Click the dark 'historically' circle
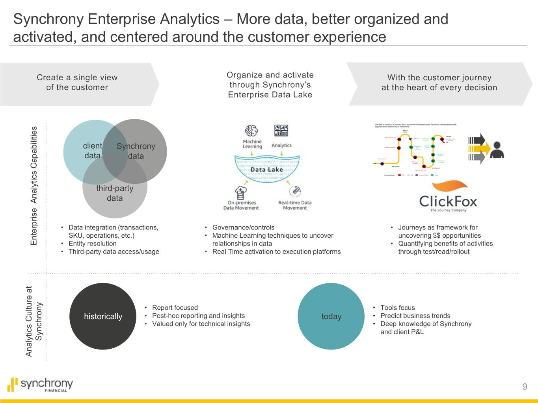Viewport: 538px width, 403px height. click(x=103, y=316)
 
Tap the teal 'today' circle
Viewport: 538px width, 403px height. click(x=331, y=316)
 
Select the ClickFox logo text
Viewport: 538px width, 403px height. click(x=448, y=201)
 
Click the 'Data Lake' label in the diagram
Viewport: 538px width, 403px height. click(x=267, y=170)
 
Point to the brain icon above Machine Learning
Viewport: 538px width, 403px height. click(x=251, y=131)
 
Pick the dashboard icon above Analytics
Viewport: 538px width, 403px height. click(x=281, y=131)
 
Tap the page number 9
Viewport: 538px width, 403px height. click(x=525, y=386)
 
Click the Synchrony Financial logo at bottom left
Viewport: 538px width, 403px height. click(x=41, y=385)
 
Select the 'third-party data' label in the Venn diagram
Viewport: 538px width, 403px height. click(x=115, y=193)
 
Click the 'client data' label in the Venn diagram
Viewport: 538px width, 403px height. click(x=93, y=151)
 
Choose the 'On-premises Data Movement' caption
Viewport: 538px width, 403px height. click(x=241, y=205)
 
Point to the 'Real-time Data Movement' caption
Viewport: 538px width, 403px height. click(x=295, y=205)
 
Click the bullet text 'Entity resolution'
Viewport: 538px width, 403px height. click(x=93, y=244)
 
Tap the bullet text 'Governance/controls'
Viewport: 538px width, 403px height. click(x=243, y=227)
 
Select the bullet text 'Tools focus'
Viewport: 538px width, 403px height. click(x=397, y=308)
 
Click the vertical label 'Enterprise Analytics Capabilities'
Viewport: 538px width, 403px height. click(x=34, y=185)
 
